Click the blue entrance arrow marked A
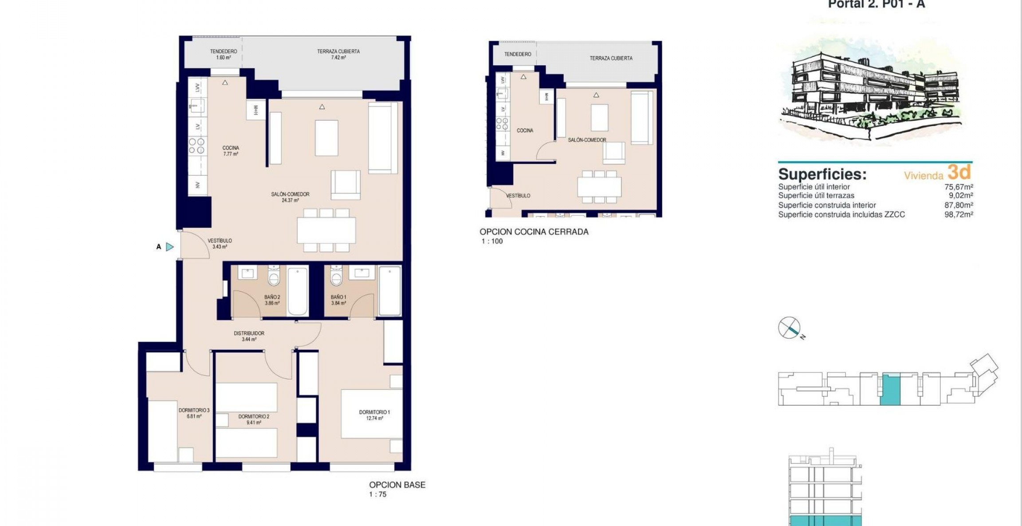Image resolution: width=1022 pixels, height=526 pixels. (x=169, y=247)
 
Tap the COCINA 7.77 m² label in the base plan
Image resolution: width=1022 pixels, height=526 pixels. (x=231, y=151)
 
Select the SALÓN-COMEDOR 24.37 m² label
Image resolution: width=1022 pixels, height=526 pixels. (x=290, y=197)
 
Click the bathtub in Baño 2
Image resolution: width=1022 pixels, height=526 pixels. (x=297, y=290)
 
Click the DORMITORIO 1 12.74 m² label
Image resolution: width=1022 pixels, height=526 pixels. (x=374, y=415)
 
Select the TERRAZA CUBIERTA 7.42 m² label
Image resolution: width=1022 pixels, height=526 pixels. (x=338, y=54)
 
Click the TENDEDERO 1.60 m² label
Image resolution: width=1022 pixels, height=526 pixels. (x=224, y=54)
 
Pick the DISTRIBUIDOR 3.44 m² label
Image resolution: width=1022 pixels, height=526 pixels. (x=249, y=336)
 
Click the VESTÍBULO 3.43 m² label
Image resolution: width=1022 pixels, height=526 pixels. (x=220, y=244)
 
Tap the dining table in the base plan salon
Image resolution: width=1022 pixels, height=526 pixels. (x=326, y=230)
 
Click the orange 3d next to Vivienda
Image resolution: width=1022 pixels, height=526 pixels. (x=959, y=172)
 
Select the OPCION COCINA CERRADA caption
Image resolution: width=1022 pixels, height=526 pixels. (x=534, y=232)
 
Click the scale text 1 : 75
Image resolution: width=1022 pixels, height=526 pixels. (x=377, y=494)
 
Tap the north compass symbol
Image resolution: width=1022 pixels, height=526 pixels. (x=789, y=328)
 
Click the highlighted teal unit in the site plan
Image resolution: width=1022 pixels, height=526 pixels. (x=890, y=389)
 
